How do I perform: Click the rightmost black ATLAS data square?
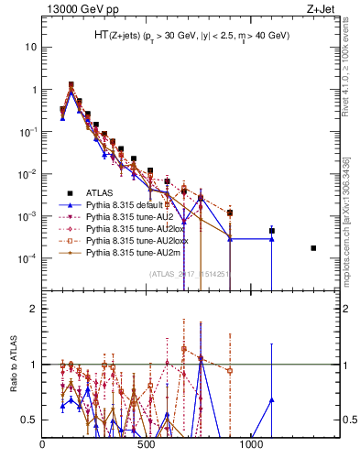(x=313, y=248)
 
